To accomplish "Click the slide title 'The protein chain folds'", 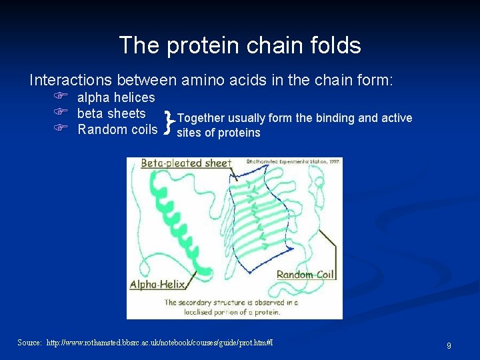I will click(x=240, y=45).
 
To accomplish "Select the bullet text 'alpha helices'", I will click(x=116, y=98).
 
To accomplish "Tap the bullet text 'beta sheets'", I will click(x=111, y=113).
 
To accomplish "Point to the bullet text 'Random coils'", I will click(x=117, y=129).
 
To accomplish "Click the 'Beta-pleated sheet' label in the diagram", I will click(x=186, y=163).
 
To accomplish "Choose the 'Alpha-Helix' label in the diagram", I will click(x=157, y=284).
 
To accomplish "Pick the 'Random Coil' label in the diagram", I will click(x=305, y=274).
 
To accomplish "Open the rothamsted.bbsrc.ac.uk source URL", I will click(x=159, y=343).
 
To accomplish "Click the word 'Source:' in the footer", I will click(x=30, y=343).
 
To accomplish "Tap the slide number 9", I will click(x=449, y=346).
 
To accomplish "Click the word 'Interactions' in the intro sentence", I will click(x=71, y=81).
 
